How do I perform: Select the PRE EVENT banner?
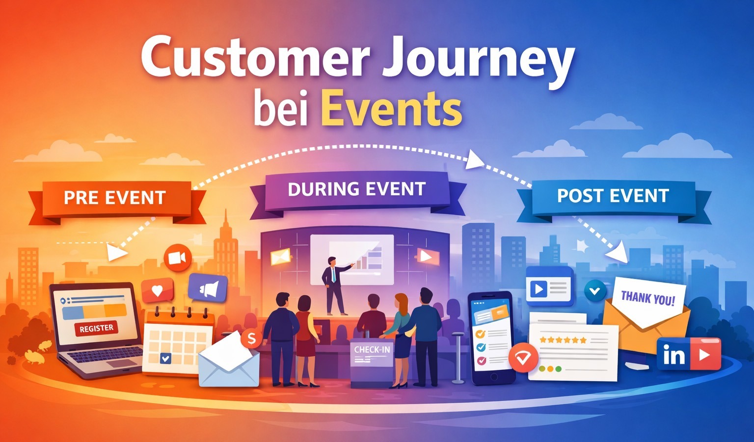[x=115, y=198]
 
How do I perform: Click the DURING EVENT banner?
[x=356, y=189]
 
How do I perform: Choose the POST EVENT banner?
[x=613, y=196]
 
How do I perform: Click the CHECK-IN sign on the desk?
[x=372, y=350]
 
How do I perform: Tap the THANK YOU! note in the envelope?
[x=647, y=298]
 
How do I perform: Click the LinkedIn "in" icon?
[x=673, y=355]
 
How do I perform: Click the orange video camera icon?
[x=177, y=258]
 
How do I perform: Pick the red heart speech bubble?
[x=157, y=290]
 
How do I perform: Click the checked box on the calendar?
[x=165, y=359]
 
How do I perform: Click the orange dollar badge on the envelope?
[x=251, y=338]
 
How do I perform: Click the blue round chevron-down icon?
[x=595, y=291]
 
